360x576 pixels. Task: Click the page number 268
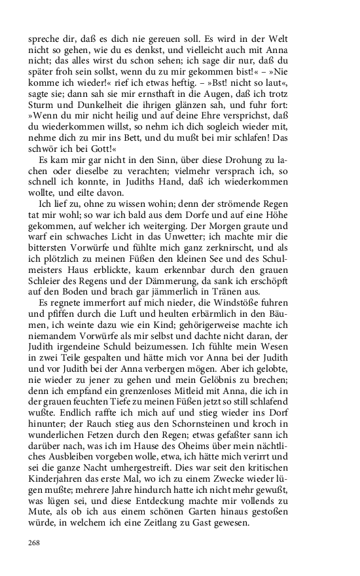tap(34, 543)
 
